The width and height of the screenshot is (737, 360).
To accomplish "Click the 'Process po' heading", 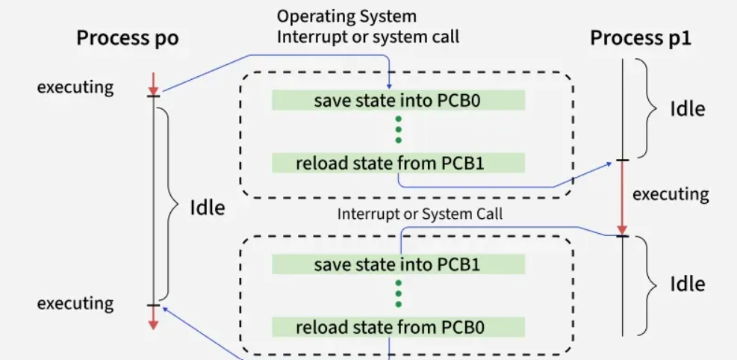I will [x=128, y=39].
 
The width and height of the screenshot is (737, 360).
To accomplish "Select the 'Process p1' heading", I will [x=641, y=39].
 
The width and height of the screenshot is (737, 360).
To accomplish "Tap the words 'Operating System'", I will [x=346, y=16].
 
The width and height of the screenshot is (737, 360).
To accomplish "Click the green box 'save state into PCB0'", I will [x=397, y=100].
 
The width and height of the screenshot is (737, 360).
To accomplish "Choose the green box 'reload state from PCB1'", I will [x=397, y=162].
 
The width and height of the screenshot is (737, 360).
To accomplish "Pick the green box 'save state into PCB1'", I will [x=397, y=264].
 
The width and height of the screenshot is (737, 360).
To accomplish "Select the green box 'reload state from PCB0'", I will [x=397, y=327].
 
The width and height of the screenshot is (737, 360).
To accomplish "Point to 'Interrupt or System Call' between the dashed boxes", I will [x=420, y=214].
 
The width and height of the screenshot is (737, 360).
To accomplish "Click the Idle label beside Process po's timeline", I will [x=207, y=208].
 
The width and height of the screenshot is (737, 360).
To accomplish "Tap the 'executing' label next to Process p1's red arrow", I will [x=670, y=194].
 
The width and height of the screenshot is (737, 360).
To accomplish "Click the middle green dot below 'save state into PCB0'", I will [x=398, y=129].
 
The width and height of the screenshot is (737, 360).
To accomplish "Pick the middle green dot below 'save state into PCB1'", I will [x=398, y=294].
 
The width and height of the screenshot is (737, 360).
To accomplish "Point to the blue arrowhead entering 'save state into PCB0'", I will [x=389, y=87].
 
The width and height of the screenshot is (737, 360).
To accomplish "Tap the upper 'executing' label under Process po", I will [x=75, y=87].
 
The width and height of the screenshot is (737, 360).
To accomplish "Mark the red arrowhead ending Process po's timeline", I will [x=153, y=324].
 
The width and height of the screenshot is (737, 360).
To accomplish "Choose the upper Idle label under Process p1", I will [x=687, y=108].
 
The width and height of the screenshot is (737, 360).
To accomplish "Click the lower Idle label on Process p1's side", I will [x=687, y=284].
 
